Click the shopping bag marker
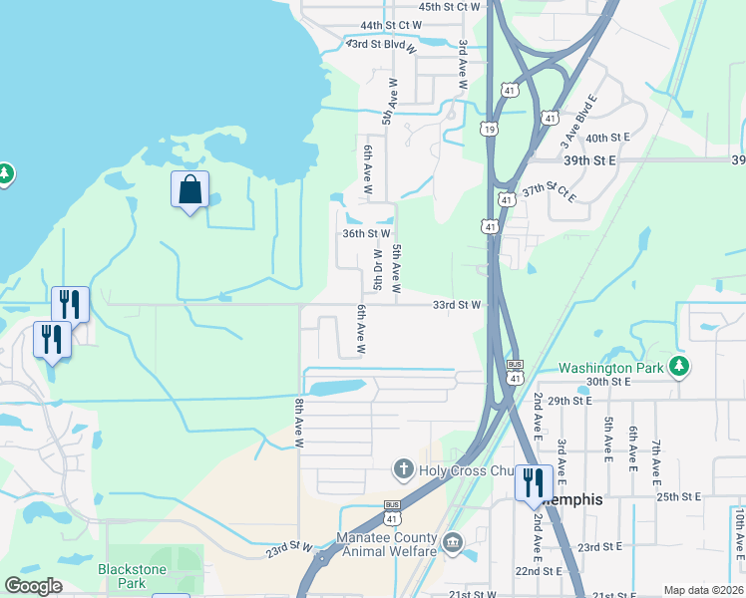pos(190,189)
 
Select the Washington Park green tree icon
pos(679,366)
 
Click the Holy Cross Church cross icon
pos(404,467)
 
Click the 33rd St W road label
pos(457,305)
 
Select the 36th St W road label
pos(365,233)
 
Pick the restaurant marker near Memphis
pos(532,483)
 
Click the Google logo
pos(33,586)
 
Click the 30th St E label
pos(610,382)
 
